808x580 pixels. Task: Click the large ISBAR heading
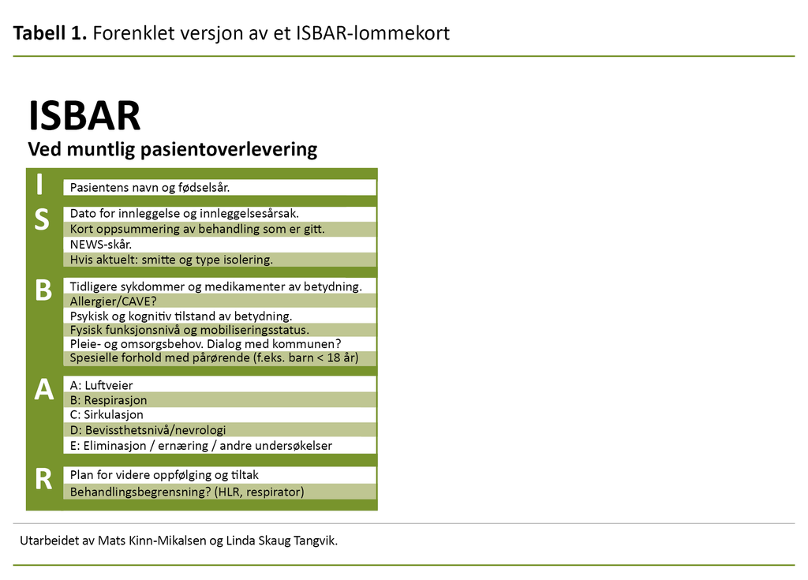84,117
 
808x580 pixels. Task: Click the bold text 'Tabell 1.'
49,33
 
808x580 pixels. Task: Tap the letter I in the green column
40,185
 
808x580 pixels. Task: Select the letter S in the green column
42,221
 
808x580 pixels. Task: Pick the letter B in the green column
43,290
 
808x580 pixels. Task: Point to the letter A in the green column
43,389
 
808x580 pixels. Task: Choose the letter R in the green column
43,478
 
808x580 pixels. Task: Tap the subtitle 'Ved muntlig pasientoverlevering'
172,149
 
